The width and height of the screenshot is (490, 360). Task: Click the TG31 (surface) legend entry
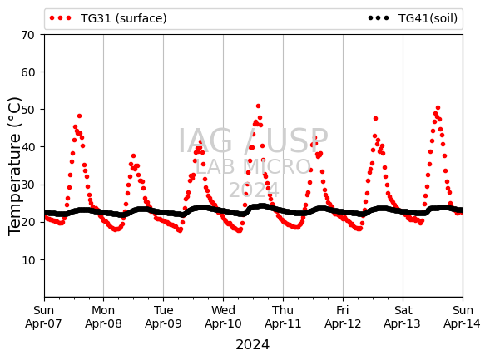[x=108, y=18]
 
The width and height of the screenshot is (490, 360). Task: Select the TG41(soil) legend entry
[x=413, y=18]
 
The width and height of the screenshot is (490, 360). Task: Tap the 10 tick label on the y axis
[x=28, y=260]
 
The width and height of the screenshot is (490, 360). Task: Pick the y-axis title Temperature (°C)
[x=14, y=166]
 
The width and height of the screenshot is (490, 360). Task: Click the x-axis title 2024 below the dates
[x=253, y=345]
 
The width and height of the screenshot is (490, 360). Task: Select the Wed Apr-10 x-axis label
[x=223, y=317]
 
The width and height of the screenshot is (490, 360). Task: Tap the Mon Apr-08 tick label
[x=103, y=317]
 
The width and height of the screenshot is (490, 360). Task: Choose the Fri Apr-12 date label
[x=343, y=317]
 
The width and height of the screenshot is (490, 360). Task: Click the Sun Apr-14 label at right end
[x=463, y=317]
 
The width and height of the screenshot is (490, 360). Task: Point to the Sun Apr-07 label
[x=43, y=317]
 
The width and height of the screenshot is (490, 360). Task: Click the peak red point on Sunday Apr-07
[x=79, y=116]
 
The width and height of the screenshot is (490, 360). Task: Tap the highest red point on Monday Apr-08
[x=133, y=155]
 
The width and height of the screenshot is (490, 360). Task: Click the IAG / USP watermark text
[x=253, y=141]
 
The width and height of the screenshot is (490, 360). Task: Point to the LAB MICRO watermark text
[x=253, y=167]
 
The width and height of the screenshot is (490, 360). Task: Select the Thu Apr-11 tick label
[x=283, y=317]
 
